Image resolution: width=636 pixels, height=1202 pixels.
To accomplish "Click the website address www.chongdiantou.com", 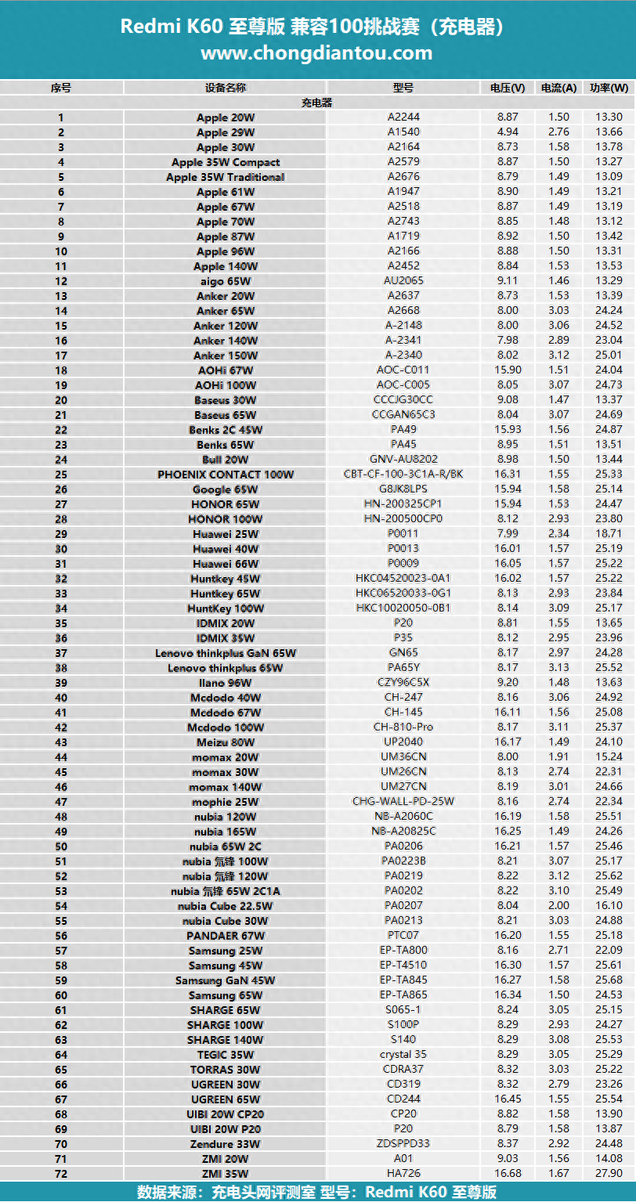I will coord(316,53).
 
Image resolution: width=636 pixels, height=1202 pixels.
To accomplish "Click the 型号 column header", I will coord(403,88).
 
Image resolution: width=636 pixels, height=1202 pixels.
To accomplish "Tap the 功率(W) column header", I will coord(609,88).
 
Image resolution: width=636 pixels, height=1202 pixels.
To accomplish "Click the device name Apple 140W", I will coord(226,266).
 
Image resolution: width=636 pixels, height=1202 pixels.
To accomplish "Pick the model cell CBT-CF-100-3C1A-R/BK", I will coord(403,475).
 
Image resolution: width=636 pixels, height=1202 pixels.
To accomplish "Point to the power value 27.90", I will coord(609,1174).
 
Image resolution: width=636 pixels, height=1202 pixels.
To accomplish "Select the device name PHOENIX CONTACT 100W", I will coord(226,475).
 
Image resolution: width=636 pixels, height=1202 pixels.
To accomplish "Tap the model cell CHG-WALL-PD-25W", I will coord(403,802).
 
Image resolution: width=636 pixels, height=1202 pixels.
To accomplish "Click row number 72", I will coord(61,1174).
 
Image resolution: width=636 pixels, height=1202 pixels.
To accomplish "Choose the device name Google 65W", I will coord(226,489).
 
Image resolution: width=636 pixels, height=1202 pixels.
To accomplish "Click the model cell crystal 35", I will coord(403,1055).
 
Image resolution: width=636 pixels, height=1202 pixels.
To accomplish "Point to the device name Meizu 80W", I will coord(226,742).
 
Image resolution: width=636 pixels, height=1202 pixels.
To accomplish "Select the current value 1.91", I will coord(558,757).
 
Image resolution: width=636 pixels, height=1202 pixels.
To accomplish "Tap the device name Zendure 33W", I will coord(226,1144).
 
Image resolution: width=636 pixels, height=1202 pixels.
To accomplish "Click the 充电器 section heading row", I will coord(317,103).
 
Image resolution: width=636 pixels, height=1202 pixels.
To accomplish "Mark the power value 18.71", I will coord(609,534).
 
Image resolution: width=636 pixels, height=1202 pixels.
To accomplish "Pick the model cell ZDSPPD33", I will coord(403,1144).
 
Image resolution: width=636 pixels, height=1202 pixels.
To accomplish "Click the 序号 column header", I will coord(61,88).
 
